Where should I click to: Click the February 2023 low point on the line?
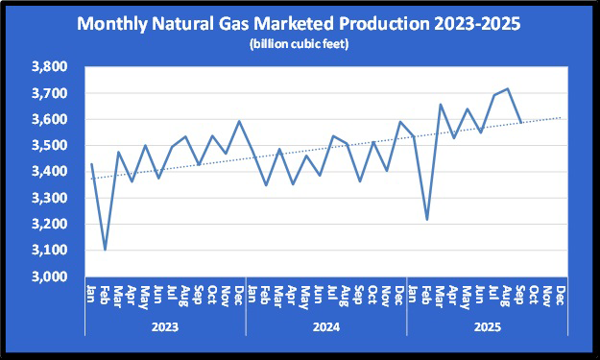105,250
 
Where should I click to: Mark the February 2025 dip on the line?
427,220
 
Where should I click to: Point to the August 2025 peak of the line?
507,88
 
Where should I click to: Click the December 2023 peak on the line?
239,121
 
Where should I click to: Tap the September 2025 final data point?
520,123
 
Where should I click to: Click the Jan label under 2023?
91,292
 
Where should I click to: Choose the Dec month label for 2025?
561,292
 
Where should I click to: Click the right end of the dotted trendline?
562,118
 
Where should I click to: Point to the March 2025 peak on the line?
441,105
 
